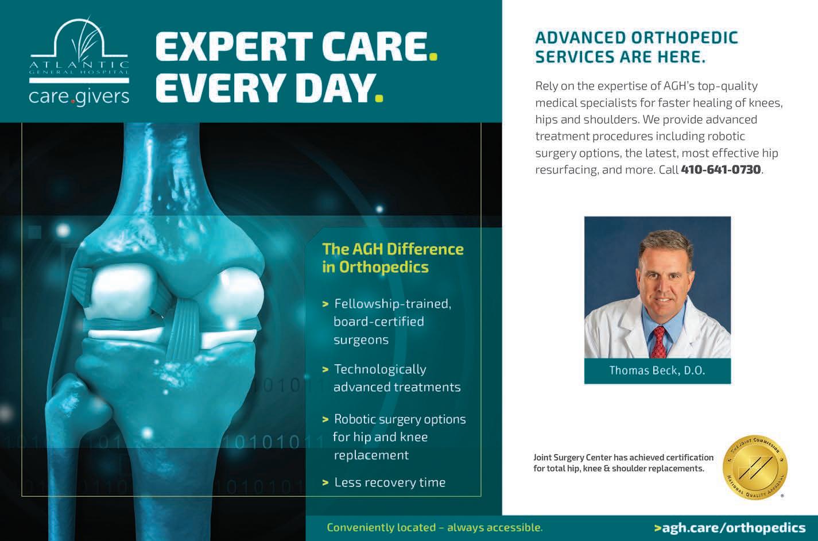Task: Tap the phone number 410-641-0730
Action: pos(721,169)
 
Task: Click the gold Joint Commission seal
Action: pos(755,467)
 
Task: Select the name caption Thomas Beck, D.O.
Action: pos(657,370)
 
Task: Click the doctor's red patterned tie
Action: pos(660,343)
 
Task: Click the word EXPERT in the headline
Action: pos(234,47)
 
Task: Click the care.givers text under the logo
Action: pos(79,96)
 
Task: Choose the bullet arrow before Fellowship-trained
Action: pos(325,304)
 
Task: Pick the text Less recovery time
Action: pos(390,482)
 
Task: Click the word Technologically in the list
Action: pos(380,370)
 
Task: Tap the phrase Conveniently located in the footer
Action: pos(381,527)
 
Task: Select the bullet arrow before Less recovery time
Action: pos(325,483)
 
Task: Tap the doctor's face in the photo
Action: pos(665,278)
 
